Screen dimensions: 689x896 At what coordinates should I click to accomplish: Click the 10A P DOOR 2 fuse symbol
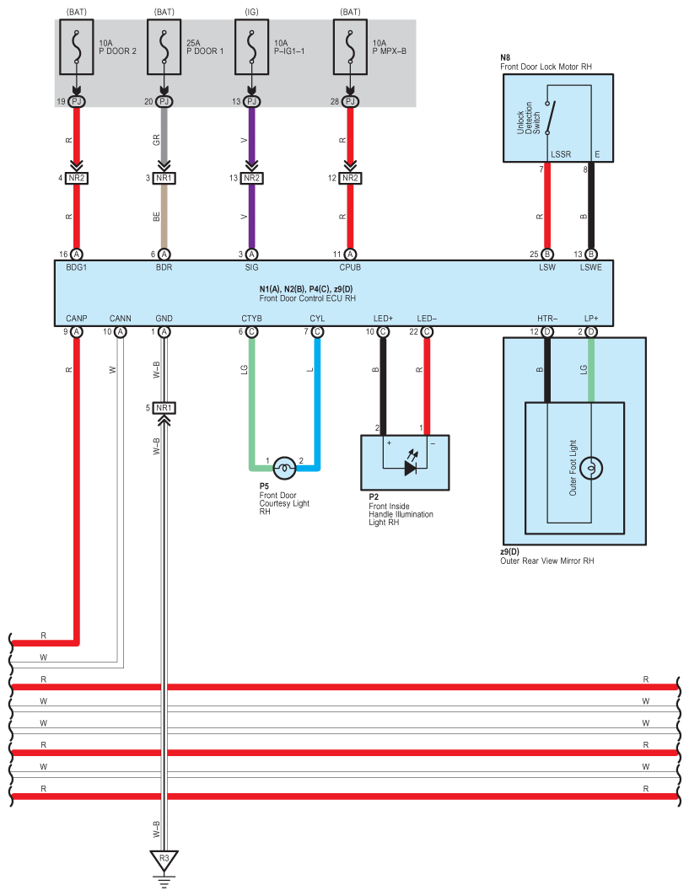[x=77, y=47]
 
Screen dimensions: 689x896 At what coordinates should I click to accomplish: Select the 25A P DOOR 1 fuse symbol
[x=164, y=47]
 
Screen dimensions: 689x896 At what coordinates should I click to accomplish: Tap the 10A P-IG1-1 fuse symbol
[x=251, y=47]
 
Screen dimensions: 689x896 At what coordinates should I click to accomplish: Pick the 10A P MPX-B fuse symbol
[x=351, y=47]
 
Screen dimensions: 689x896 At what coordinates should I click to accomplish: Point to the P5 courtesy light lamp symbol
[x=284, y=469]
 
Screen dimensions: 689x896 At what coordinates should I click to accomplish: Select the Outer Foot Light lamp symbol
[x=591, y=469]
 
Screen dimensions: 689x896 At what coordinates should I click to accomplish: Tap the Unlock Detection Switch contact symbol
[x=550, y=118]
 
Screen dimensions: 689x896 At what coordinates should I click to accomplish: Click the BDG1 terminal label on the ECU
[x=76, y=267]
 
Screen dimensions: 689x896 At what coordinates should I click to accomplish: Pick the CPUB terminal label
[x=350, y=267]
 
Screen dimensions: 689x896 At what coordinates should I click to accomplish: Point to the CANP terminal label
[x=76, y=319]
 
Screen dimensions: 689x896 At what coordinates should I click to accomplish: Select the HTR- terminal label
[x=547, y=319]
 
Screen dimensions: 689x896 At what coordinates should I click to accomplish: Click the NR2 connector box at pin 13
[x=251, y=179]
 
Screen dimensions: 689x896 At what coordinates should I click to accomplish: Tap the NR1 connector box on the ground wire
[x=164, y=408]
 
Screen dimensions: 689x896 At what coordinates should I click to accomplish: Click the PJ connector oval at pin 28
[x=351, y=102]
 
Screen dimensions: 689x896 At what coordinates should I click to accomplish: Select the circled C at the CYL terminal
[x=317, y=332]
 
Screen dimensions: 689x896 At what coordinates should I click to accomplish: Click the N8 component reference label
[x=505, y=57]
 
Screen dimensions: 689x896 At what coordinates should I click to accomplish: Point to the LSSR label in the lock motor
[x=560, y=154]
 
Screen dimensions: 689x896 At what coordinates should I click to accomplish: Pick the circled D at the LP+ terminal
[x=591, y=332]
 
